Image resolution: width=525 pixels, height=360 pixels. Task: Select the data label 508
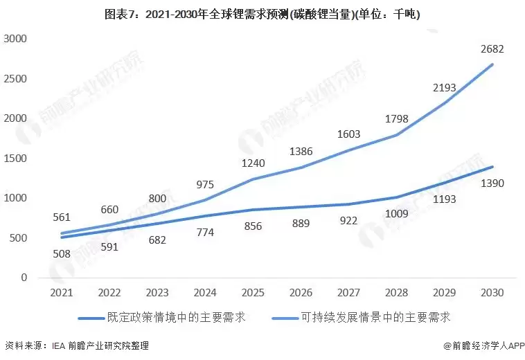[x=62, y=253]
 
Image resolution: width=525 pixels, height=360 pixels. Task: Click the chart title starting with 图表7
[x=262, y=14]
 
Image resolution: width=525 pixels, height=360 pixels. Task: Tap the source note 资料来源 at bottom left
[x=77, y=345]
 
